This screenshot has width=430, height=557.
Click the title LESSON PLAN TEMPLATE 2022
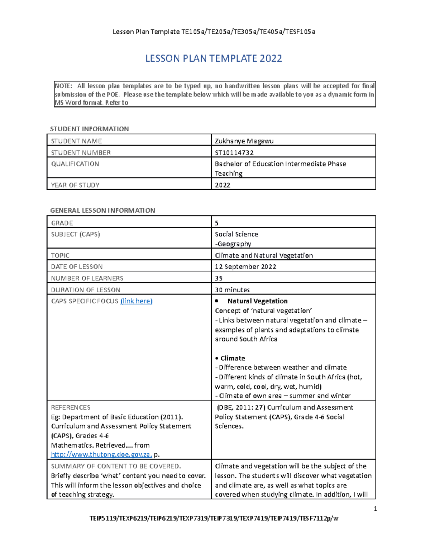(214, 58)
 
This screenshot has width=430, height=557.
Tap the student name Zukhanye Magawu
(244, 141)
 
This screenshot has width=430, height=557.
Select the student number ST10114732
(234, 152)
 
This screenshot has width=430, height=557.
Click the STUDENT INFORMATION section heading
(89, 129)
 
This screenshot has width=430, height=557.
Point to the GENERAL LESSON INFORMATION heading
(102, 211)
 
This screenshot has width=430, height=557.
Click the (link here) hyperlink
(136, 301)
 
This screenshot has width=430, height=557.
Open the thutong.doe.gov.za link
(101, 454)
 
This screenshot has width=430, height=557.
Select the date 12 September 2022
(245, 266)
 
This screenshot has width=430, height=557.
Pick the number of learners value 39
(219, 278)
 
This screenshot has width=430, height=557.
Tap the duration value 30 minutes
(232, 289)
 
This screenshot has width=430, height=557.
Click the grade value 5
(217, 223)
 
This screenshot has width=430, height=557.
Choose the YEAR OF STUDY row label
(75, 185)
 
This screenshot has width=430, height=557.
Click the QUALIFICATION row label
(75, 164)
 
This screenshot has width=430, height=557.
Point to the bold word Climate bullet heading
(233, 358)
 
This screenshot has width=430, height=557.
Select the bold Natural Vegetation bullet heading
(257, 301)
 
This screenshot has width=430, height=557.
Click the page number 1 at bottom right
(375, 509)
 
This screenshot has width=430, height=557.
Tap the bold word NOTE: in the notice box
(63, 86)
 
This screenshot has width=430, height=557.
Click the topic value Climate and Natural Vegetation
(264, 255)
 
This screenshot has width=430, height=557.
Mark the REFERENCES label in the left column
(71, 407)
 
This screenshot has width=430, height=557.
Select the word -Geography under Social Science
(233, 244)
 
